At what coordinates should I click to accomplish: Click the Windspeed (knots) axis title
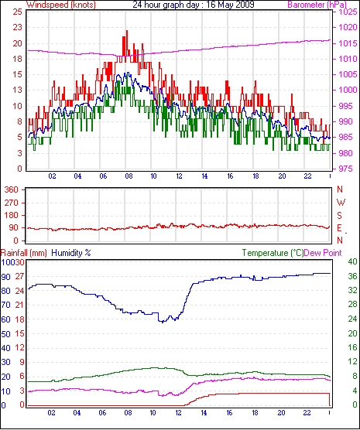(x=61, y=5)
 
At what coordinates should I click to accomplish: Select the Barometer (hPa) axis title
(x=317, y=5)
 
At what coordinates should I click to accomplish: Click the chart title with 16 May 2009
(x=194, y=5)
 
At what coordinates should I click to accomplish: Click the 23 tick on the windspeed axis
(x=18, y=27)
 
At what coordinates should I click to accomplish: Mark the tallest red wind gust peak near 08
(x=127, y=31)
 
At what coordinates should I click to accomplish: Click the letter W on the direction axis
(x=341, y=203)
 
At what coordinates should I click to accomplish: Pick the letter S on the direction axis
(x=340, y=216)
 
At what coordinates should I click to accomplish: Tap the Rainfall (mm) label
(x=24, y=253)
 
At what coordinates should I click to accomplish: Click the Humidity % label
(x=71, y=253)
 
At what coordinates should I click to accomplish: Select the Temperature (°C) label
(x=273, y=253)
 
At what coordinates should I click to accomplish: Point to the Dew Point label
(x=323, y=253)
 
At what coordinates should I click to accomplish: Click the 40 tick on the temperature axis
(x=353, y=261)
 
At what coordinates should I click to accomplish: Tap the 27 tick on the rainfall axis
(x=20, y=276)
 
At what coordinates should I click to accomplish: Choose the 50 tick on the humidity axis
(x=5, y=334)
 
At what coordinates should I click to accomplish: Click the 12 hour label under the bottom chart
(x=179, y=413)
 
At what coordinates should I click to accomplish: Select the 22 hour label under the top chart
(x=307, y=176)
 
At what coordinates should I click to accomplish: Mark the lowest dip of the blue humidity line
(x=163, y=322)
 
